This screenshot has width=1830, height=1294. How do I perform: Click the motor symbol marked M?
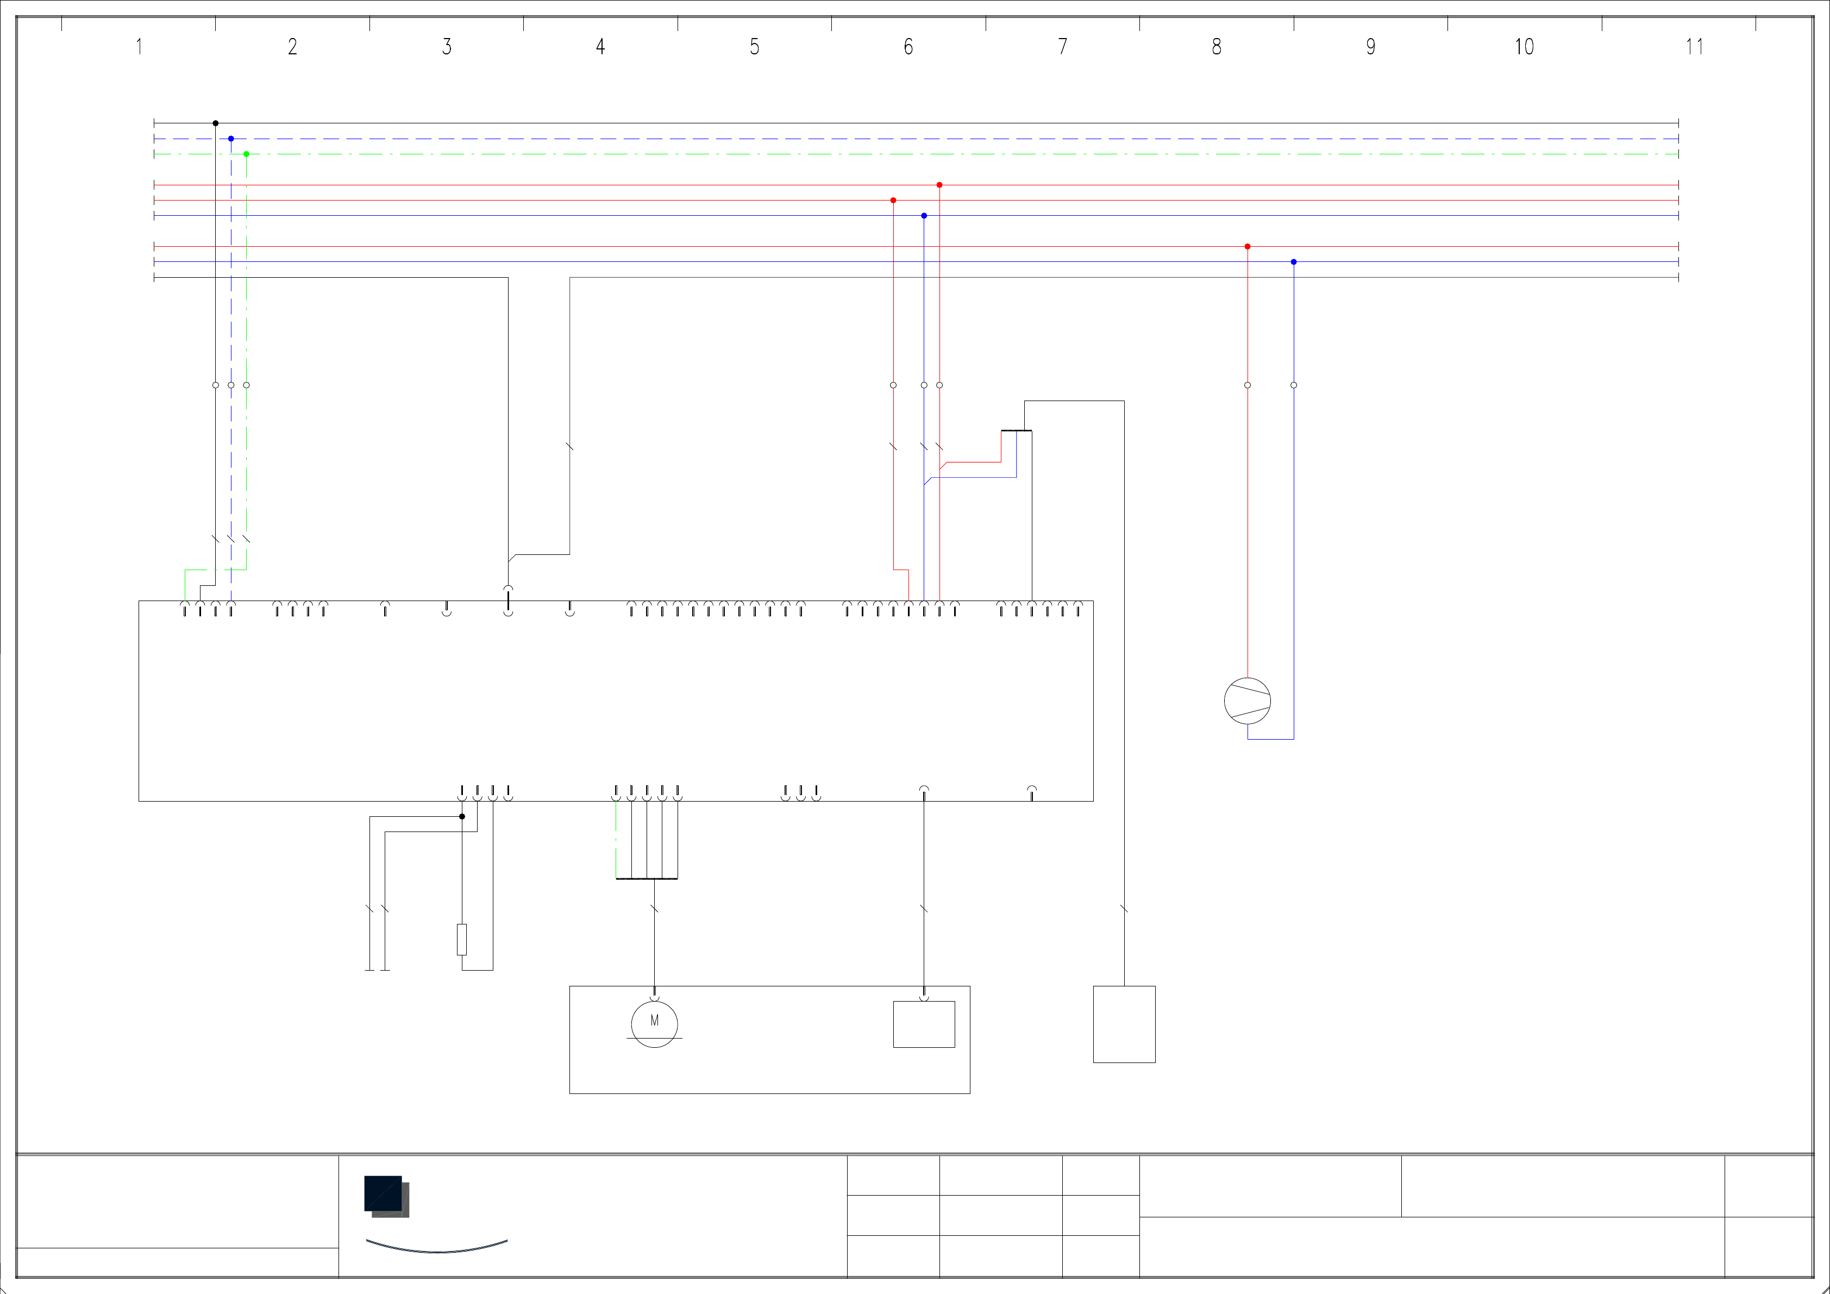(654, 1024)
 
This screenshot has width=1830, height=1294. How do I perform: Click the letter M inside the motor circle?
(654, 1021)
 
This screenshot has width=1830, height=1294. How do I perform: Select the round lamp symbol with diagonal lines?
(1248, 701)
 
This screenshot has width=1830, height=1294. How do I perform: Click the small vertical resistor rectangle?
(461, 939)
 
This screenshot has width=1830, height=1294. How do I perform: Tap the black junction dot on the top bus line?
(215, 123)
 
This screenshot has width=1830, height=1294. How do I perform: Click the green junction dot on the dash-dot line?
(246, 154)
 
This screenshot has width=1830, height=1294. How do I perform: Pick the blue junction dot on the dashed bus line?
(231, 139)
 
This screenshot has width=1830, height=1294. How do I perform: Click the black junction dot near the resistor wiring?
(461, 816)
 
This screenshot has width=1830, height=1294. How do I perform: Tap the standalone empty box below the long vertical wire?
(1124, 1024)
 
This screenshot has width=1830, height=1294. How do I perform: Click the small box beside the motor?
(924, 1024)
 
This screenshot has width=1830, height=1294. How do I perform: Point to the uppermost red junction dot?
(939, 185)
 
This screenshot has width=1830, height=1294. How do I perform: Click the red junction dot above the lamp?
(1248, 246)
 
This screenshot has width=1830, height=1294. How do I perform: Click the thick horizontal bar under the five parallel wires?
(647, 879)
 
